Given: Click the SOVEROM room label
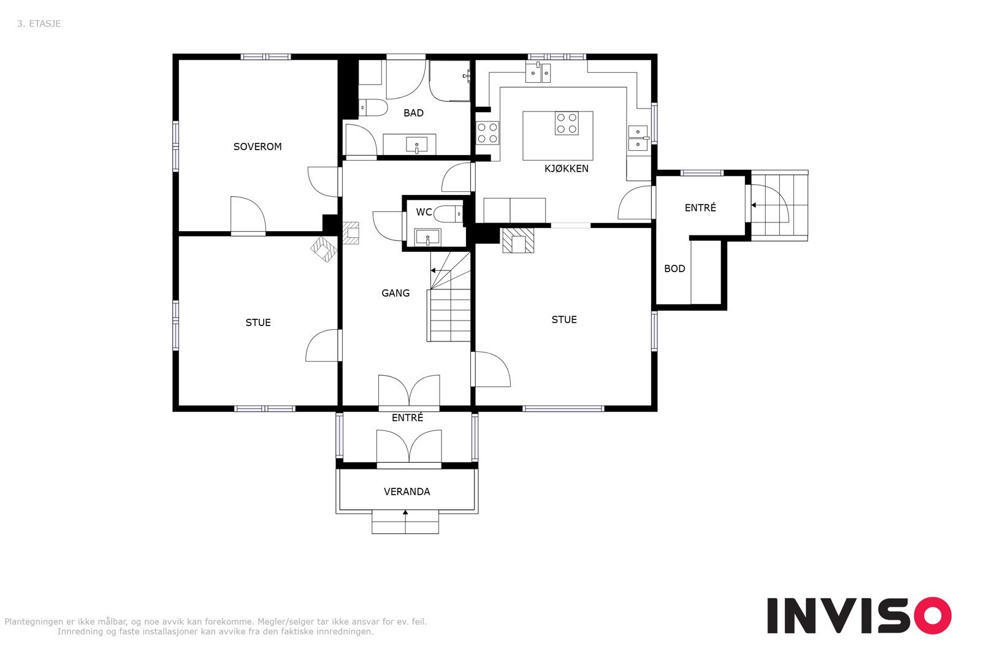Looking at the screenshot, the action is click(x=258, y=146).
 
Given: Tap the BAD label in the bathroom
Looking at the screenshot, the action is click(x=413, y=113).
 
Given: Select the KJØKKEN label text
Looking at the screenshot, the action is click(x=567, y=169).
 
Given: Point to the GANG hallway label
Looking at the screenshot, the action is click(x=395, y=294).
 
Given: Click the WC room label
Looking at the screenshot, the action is click(x=424, y=212).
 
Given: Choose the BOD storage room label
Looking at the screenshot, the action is click(x=674, y=269).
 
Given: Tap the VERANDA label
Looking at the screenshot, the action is click(x=407, y=492).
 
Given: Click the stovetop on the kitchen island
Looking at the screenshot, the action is click(x=567, y=123).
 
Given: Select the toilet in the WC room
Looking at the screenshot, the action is click(x=448, y=214).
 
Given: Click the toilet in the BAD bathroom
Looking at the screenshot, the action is click(x=373, y=108).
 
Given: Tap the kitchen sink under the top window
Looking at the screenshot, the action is click(x=538, y=73).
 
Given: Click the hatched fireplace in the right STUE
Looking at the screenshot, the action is click(x=518, y=240).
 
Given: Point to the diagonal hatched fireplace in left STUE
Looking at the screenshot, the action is click(x=324, y=249).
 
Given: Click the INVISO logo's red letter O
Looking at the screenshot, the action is click(x=933, y=615).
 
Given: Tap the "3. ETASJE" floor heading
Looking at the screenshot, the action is click(x=39, y=24).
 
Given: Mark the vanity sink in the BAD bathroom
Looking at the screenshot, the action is click(x=416, y=145).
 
